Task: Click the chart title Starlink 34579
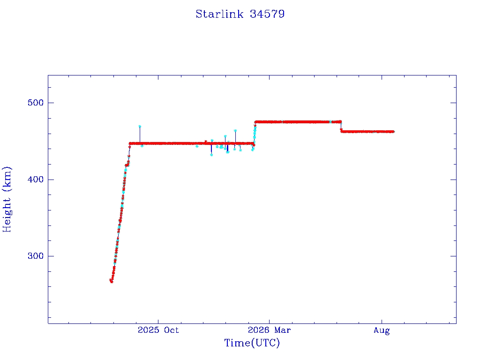(x=240, y=14)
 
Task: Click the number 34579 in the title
(x=267, y=14)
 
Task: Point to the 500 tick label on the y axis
(x=36, y=103)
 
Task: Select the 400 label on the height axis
(x=36, y=180)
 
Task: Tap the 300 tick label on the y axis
(x=36, y=256)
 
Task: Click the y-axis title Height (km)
(x=7, y=199)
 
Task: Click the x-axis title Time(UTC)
(x=252, y=343)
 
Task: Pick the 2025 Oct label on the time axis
(x=158, y=330)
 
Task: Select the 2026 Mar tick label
(x=270, y=330)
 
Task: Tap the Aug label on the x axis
(x=382, y=330)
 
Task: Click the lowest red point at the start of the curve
(x=111, y=281)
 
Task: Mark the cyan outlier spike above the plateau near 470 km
(x=140, y=126)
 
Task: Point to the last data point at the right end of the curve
(x=393, y=132)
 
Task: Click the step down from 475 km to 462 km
(x=341, y=127)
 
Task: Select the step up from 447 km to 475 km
(x=255, y=133)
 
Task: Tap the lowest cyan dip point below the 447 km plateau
(x=211, y=155)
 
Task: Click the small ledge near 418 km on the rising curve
(x=127, y=165)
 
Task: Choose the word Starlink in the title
(x=219, y=14)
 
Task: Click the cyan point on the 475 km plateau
(x=330, y=122)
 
